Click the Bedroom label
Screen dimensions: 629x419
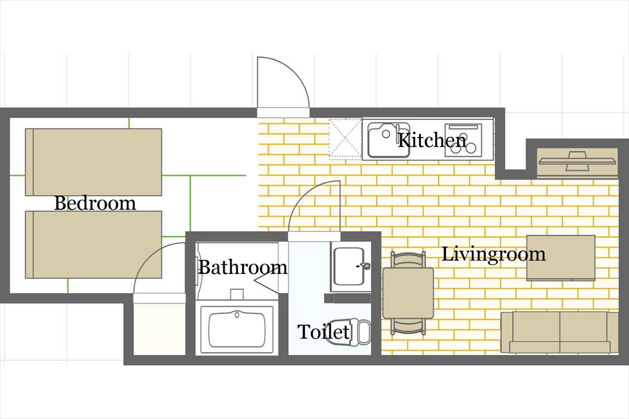95,203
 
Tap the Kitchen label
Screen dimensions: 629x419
432,140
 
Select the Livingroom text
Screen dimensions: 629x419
494,254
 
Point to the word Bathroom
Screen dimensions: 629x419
243,267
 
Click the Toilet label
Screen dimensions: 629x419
323,332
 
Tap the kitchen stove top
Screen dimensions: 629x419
463,139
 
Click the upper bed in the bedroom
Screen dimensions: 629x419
94,162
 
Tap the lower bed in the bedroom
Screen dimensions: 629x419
94,244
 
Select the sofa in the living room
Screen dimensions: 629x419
560,332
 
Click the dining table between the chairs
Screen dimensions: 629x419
408,293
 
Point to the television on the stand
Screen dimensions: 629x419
577,161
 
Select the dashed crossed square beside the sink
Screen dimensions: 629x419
345,139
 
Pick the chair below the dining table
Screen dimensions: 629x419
408,327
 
